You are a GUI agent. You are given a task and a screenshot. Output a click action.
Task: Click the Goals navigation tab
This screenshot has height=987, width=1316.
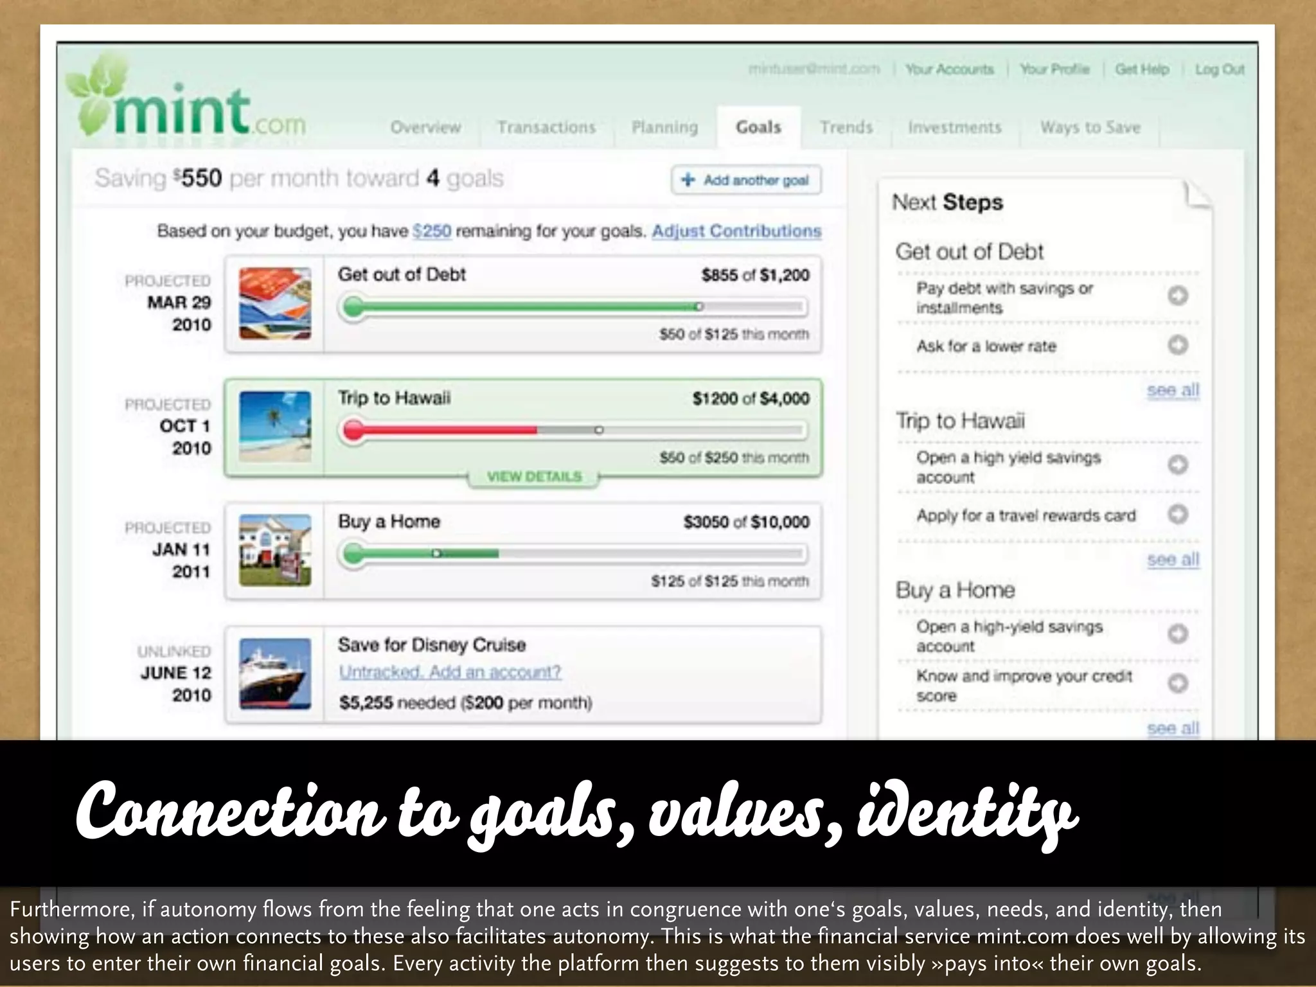pyautogui.click(x=758, y=127)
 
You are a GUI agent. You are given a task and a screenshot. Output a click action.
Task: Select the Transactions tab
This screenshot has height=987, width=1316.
pyautogui.click(x=546, y=127)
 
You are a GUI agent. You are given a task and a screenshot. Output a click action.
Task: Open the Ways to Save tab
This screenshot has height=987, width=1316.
pyautogui.click(x=1090, y=127)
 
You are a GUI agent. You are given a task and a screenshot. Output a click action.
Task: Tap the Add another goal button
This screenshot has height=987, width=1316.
pyautogui.click(x=746, y=180)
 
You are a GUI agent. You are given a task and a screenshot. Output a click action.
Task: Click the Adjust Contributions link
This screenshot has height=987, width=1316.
pyautogui.click(x=736, y=231)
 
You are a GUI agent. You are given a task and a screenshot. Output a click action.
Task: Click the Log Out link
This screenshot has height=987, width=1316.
pyautogui.click(x=1219, y=69)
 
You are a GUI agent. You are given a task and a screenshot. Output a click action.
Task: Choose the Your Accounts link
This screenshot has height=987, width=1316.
pyautogui.click(x=949, y=69)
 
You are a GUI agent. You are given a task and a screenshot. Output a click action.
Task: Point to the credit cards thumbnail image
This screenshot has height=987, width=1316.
pyautogui.click(x=275, y=304)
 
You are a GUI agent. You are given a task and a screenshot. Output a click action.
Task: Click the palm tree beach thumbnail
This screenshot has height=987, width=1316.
pyautogui.click(x=275, y=427)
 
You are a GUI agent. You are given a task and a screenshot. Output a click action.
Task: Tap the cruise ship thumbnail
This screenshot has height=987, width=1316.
pyautogui.click(x=275, y=673)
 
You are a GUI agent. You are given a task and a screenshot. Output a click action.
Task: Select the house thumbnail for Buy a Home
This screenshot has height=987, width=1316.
pyautogui.click(x=275, y=550)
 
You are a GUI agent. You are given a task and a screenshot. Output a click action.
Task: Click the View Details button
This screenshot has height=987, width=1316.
pyautogui.click(x=534, y=477)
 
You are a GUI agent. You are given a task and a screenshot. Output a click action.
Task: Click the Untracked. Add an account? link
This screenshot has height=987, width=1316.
pyautogui.click(x=450, y=672)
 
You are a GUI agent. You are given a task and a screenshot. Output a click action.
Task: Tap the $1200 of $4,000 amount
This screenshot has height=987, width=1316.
pyautogui.click(x=751, y=398)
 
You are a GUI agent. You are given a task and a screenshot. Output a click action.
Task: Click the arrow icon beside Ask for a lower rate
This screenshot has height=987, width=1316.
pyautogui.click(x=1177, y=346)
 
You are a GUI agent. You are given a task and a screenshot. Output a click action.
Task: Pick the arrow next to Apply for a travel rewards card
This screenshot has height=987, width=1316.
pyautogui.click(x=1177, y=514)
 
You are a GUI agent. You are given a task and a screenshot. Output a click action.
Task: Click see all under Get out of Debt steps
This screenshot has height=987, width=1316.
pyautogui.click(x=1173, y=390)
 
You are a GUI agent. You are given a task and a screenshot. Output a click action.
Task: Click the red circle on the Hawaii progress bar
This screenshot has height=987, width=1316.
pyautogui.click(x=353, y=430)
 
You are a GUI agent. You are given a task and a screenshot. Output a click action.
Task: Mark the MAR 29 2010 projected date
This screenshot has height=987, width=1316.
pyautogui.click(x=179, y=313)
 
